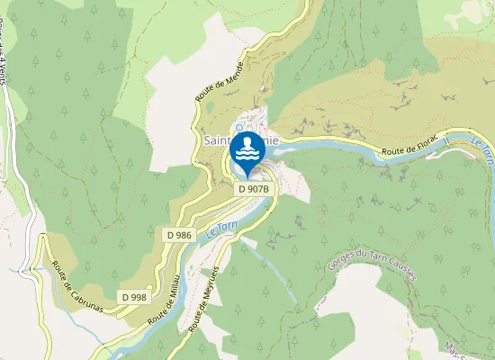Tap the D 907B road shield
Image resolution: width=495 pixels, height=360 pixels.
(253, 189)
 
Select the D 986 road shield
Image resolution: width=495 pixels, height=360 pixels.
(179, 234)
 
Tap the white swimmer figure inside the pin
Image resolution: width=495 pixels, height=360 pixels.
(247, 148)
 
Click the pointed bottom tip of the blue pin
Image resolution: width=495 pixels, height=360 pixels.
(247, 175)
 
